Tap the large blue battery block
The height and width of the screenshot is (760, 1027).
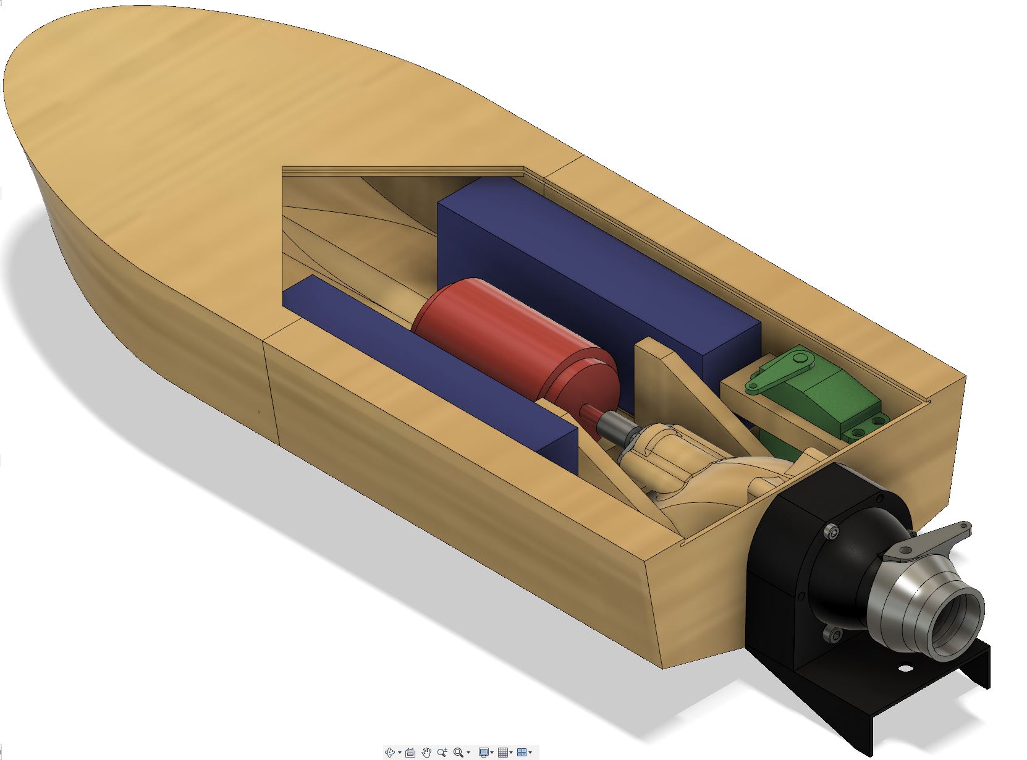click(593, 272)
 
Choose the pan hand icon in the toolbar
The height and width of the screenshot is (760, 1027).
click(426, 752)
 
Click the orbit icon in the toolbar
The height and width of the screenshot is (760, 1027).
click(390, 752)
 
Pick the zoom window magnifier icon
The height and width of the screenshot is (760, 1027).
click(458, 752)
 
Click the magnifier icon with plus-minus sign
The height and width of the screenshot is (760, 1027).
click(442, 752)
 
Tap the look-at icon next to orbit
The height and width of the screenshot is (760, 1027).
click(410, 752)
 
